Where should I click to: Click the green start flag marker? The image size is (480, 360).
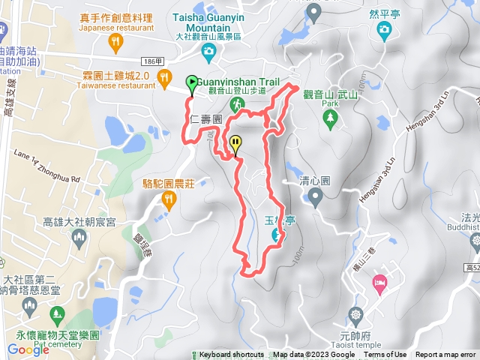(191, 82)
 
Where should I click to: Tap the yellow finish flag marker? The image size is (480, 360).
(236, 142)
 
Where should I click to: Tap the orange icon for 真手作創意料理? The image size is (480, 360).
(115, 43)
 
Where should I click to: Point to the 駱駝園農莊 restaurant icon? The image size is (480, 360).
(168, 199)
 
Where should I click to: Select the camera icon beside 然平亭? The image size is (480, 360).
(385, 29)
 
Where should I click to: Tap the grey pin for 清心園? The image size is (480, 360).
(315, 196)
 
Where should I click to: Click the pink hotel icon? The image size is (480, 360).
(379, 281)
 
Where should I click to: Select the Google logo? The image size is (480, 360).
(28, 349)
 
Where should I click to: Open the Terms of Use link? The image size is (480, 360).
(385, 355)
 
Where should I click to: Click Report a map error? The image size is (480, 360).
(445, 355)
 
